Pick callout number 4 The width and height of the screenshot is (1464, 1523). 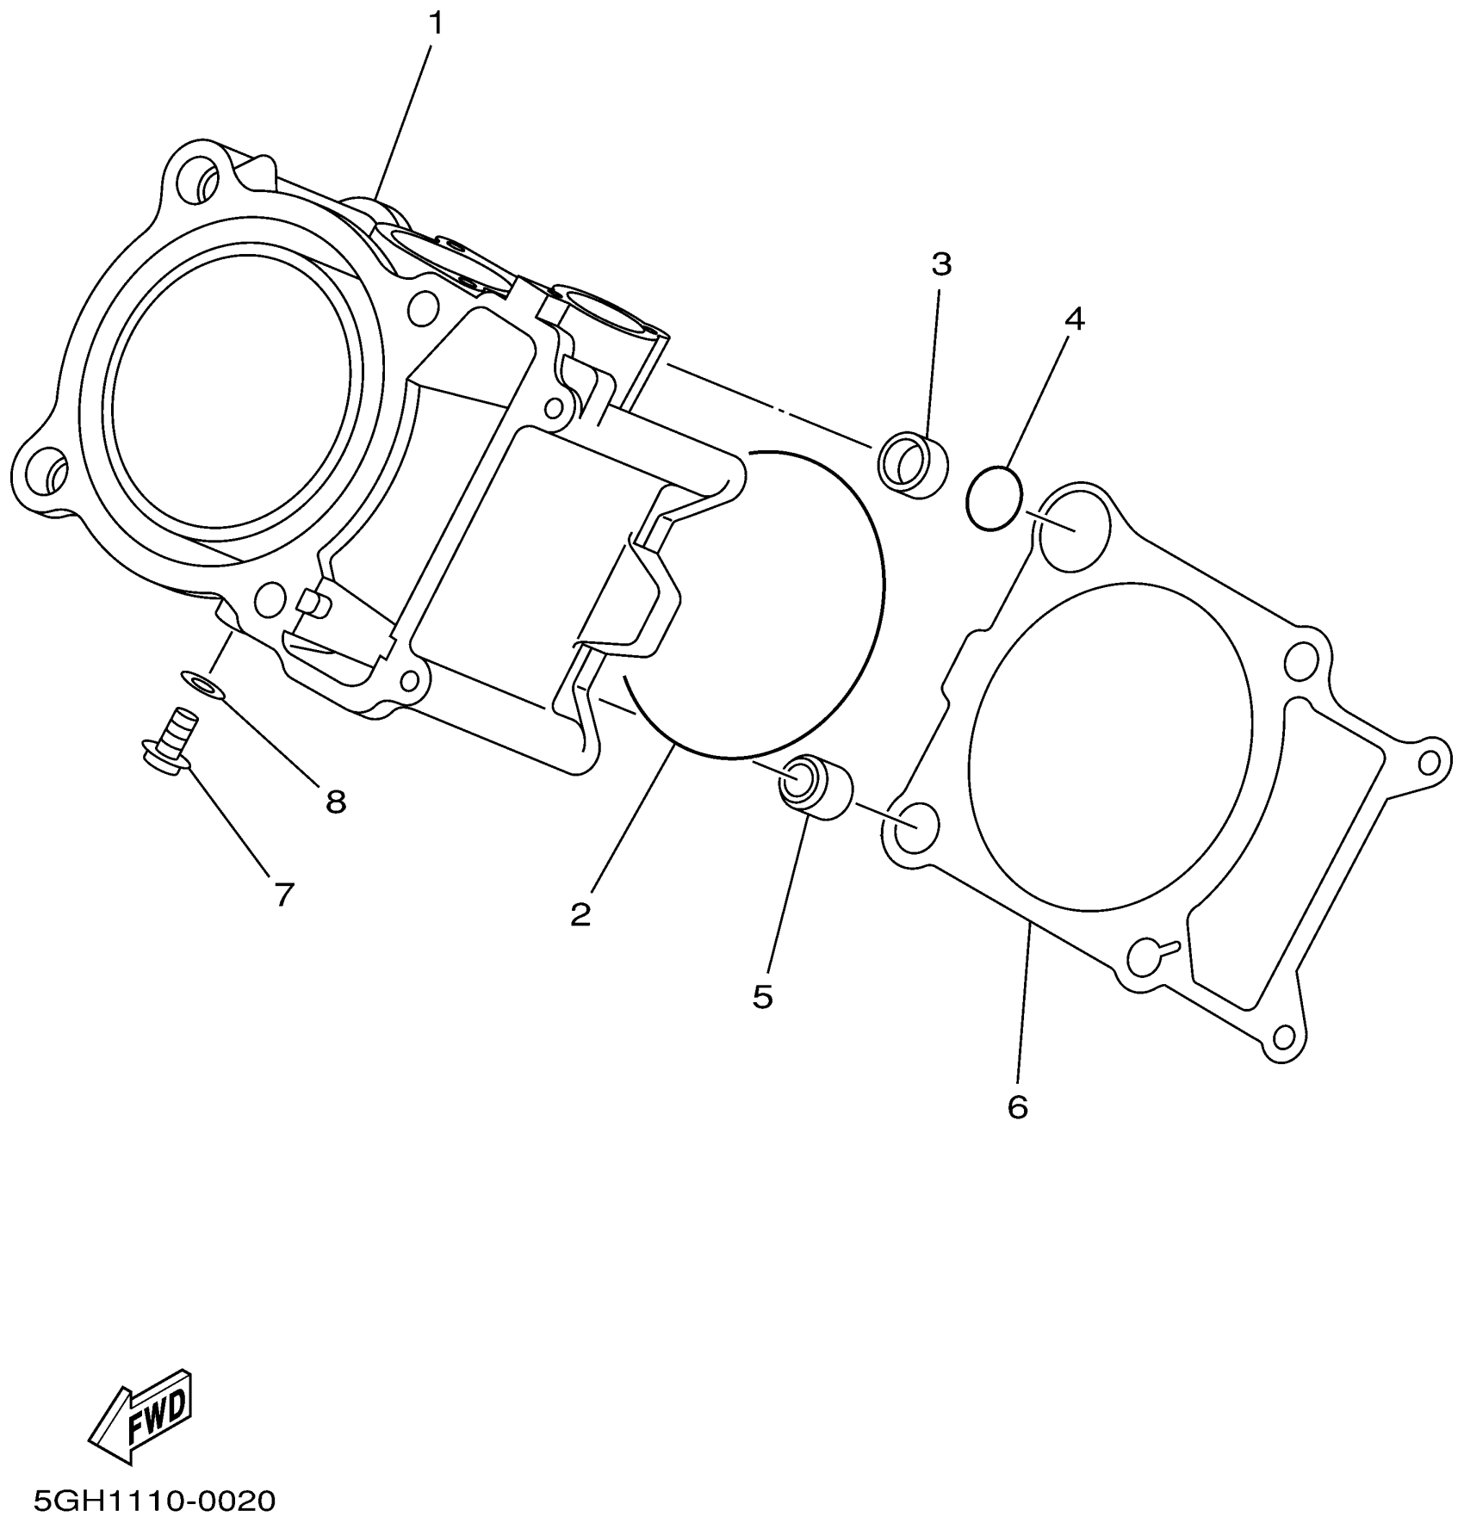(1073, 319)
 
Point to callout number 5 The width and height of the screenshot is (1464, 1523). (762, 997)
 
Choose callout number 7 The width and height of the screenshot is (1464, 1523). (284, 895)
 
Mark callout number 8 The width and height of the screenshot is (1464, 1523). (335, 802)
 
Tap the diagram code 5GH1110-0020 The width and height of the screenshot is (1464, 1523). (154, 1501)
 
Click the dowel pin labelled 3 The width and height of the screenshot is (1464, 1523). (912, 466)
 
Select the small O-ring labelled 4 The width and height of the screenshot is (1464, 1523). (995, 498)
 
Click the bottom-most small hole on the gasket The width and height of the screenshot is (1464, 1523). (1284, 1037)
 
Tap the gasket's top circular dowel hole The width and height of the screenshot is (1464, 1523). (1071, 528)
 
